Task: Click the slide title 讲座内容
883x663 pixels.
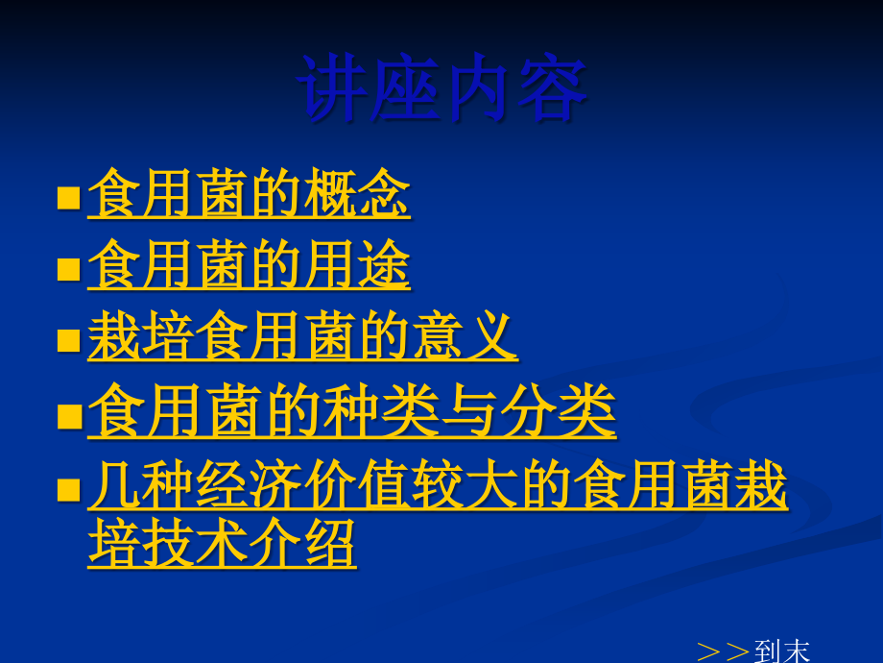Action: coord(442,87)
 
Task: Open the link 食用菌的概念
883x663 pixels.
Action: coord(249,193)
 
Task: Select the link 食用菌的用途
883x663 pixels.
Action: coord(249,264)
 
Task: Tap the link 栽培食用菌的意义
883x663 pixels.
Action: coord(303,336)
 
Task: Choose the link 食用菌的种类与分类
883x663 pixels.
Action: coord(352,410)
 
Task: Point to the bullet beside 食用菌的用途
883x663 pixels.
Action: coord(69,269)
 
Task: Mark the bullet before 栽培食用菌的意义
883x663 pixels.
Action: coord(69,340)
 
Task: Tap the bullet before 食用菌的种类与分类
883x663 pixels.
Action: coord(70,417)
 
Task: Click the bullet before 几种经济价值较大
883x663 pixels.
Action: coord(69,490)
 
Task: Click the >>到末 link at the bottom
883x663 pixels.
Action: coord(753,651)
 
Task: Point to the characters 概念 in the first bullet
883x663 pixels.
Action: coord(357,193)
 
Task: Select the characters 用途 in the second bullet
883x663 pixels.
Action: coord(357,264)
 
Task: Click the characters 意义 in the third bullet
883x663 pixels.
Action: coord(465,336)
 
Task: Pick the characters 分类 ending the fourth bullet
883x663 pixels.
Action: coord(558,410)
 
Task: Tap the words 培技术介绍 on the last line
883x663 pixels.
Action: coord(222,543)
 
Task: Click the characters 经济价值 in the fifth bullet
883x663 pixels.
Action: coord(303,484)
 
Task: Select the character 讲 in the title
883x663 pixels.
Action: coord(332,87)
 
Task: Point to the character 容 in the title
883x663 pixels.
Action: coord(553,87)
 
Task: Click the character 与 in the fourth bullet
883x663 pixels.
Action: coord(469,410)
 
